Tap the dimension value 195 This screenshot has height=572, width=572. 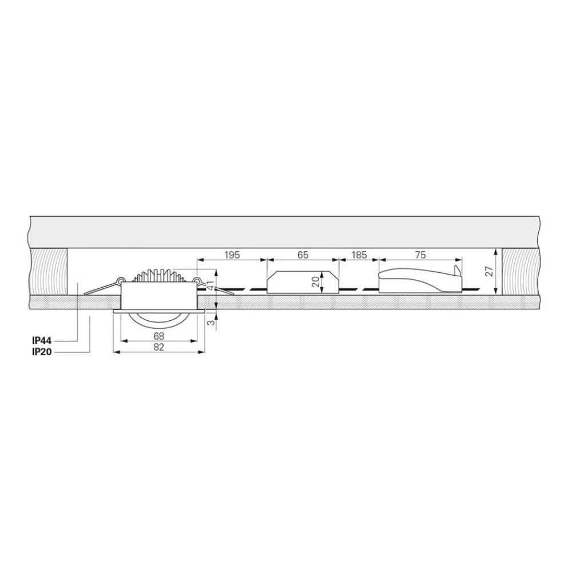click(231, 255)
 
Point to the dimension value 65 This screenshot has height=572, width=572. click(303, 255)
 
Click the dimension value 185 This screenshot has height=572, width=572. click(359, 255)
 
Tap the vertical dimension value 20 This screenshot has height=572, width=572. click(315, 281)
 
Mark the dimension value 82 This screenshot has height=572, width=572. click(159, 347)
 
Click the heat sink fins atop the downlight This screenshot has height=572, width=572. click(158, 276)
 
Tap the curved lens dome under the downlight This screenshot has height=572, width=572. click(158, 319)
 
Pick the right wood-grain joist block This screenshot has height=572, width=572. click(521, 271)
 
